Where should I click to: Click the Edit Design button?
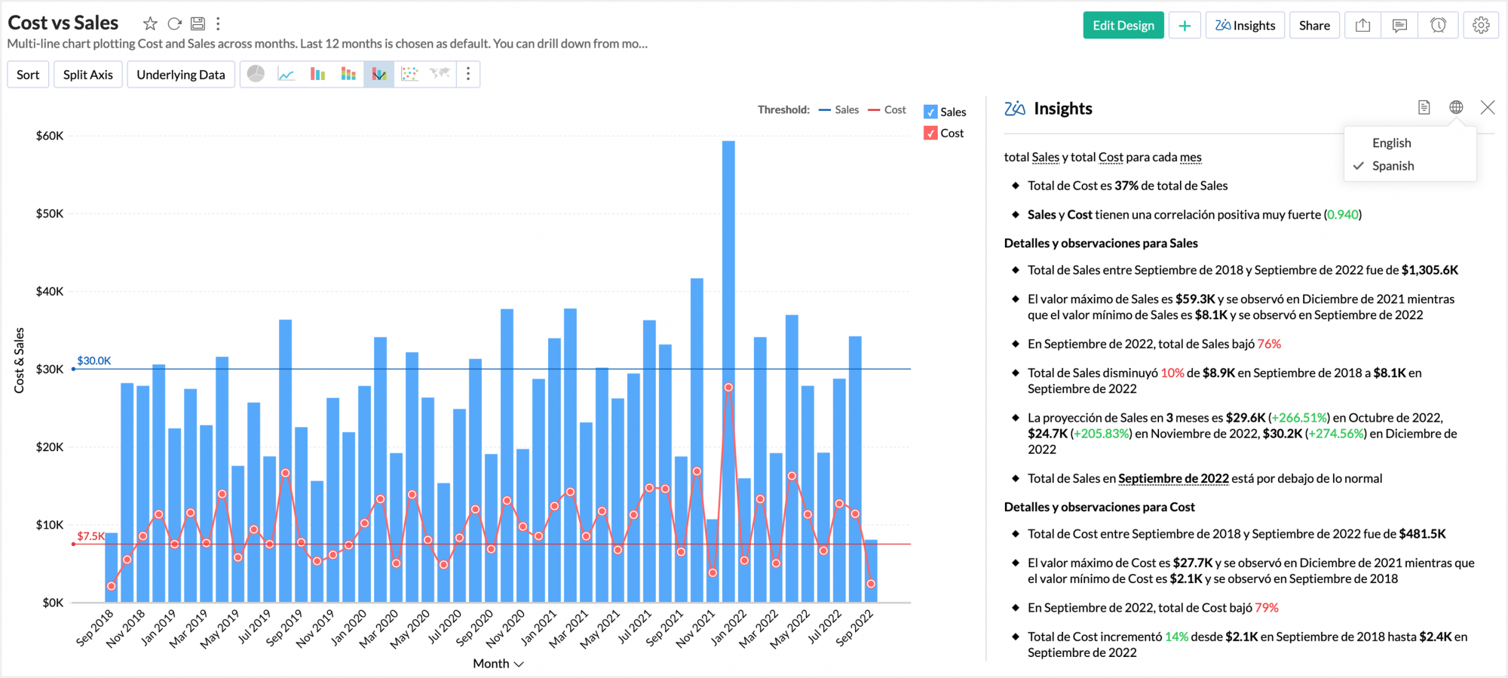pyautogui.click(x=1123, y=26)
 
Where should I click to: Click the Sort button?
pyautogui.click(x=28, y=75)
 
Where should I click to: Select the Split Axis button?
pyautogui.click(x=87, y=75)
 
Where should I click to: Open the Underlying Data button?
pyautogui.click(x=180, y=75)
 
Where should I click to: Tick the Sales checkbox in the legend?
pyautogui.click(x=930, y=112)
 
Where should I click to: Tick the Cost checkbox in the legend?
pyautogui.click(x=930, y=133)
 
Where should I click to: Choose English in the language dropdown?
pyautogui.click(x=1391, y=143)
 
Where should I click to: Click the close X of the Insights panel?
pyautogui.click(x=1487, y=108)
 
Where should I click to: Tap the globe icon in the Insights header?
pyautogui.click(x=1456, y=108)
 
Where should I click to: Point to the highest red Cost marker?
pyautogui.click(x=728, y=388)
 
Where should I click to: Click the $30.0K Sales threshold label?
pyautogui.click(x=94, y=360)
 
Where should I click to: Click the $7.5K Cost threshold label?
pyautogui.click(x=91, y=536)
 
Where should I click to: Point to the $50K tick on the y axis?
pyautogui.click(x=50, y=213)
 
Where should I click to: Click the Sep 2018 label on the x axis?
pyautogui.click(x=95, y=627)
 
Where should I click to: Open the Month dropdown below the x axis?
pyautogui.click(x=498, y=664)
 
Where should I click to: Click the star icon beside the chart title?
pyautogui.click(x=150, y=23)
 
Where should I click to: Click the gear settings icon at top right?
pyautogui.click(x=1481, y=26)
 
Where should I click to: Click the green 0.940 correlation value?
pyautogui.click(x=1343, y=215)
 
